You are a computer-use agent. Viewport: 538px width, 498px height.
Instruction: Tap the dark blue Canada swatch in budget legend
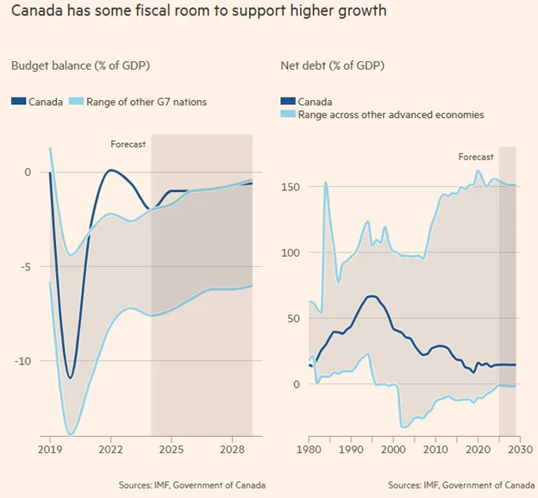point(18,102)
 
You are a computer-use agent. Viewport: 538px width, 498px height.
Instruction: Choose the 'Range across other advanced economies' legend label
point(392,114)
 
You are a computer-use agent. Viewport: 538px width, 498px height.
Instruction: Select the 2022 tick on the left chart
point(110,450)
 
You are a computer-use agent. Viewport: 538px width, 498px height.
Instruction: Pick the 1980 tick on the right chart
point(309,450)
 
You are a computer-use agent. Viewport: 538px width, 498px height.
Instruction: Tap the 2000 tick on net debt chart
point(393,450)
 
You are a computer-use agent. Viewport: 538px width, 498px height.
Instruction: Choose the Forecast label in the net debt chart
point(475,157)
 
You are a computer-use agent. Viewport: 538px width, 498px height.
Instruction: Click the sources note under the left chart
point(191,485)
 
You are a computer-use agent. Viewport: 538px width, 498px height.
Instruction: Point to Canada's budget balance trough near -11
point(71,377)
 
